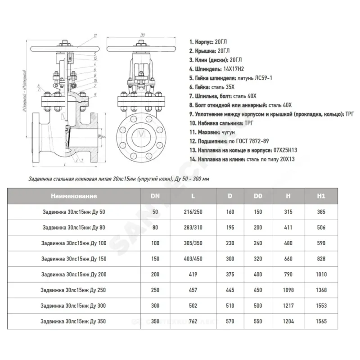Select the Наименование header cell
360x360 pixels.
pos(74,196)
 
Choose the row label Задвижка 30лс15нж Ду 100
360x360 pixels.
pos(74,243)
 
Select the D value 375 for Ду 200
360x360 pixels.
pos(230,274)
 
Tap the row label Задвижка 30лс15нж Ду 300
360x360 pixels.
pos(74,306)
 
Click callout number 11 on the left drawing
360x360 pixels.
pos(95,35)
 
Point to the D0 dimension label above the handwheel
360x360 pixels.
pos(143,35)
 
